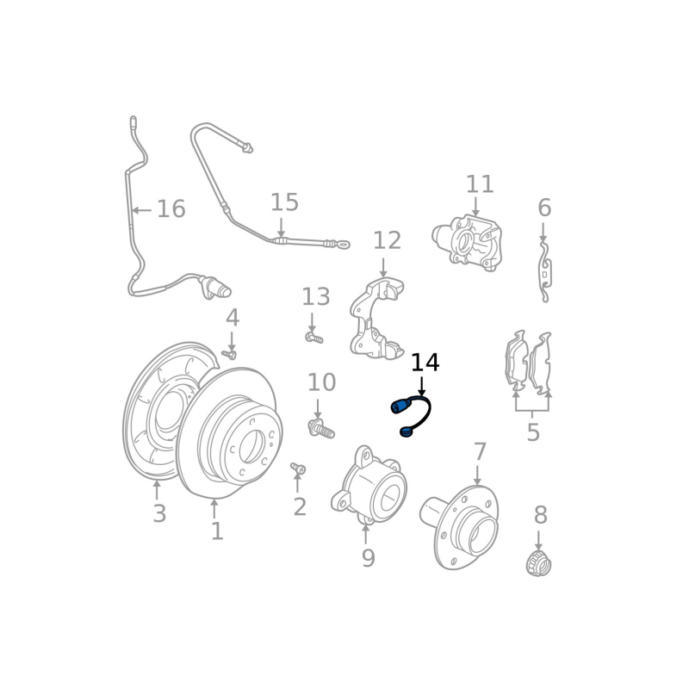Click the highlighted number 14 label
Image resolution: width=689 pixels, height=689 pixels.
click(x=425, y=363)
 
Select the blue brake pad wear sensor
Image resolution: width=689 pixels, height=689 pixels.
click(x=412, y=416)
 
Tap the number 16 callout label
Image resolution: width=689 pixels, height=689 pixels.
click(x=171, y=208)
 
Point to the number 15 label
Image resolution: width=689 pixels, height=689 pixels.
click(x=284, y=202)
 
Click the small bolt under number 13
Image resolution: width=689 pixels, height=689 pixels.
click(x=313, y=338)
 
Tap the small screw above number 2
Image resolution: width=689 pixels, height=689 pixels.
click(x=299, y=469)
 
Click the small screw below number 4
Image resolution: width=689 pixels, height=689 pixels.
click(x=229, y=353)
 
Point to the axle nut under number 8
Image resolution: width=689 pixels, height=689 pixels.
click(x=538, y=565)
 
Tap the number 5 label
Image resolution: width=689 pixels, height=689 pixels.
click(x=533, y=432)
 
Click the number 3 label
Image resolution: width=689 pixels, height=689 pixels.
click(x=159, y=514)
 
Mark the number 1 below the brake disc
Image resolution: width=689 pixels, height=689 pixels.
click(x=217, y=531)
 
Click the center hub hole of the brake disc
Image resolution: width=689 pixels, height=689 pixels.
click(x=251, y=444)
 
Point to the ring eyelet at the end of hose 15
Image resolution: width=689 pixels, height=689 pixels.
click(x=344, y=245)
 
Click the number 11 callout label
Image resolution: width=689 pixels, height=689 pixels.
click(x=480, y=184)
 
